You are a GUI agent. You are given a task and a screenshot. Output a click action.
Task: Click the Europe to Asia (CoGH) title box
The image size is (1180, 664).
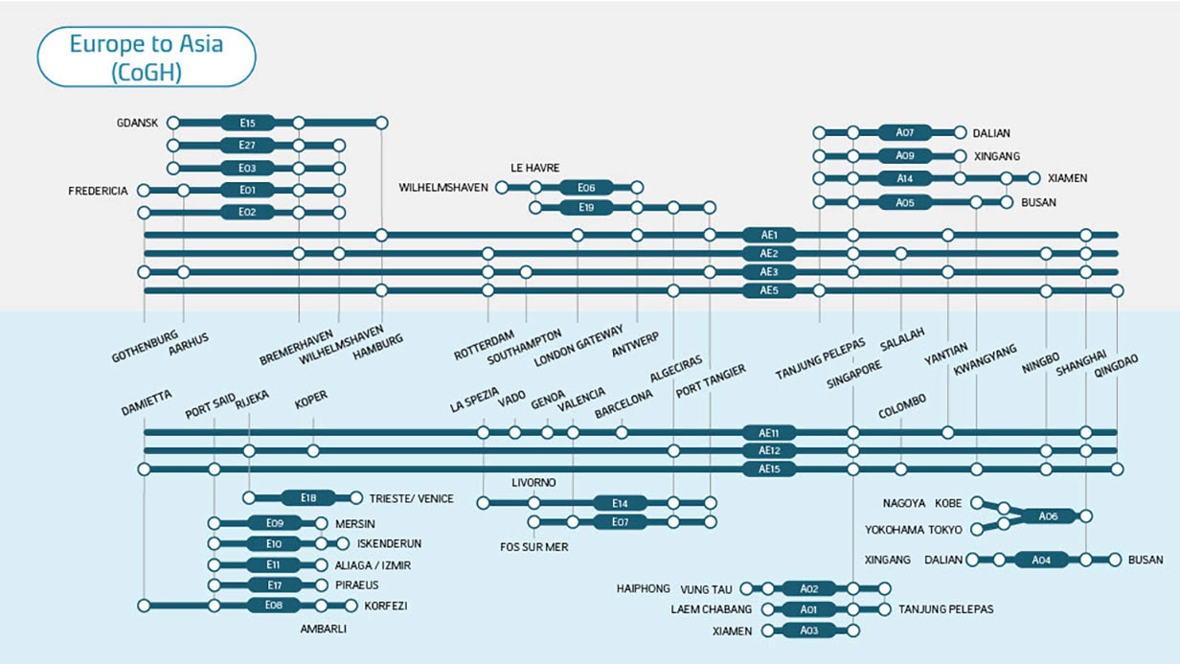coord(146,57)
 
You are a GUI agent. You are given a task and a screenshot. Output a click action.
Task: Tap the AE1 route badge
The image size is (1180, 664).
coord(769,235)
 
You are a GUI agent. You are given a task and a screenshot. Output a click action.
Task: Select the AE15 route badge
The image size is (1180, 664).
coord(769,469)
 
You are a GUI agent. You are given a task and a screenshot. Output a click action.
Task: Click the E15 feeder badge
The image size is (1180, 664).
coord(248,123)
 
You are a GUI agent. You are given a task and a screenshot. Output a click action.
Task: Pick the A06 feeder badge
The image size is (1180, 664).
coord(1048,515)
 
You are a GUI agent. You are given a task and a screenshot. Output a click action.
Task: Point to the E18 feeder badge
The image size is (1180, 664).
coord(307,497)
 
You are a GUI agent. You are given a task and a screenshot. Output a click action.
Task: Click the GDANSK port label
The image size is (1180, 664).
coord(136,123)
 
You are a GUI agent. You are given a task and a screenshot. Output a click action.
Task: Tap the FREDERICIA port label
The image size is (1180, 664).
coord(98,191)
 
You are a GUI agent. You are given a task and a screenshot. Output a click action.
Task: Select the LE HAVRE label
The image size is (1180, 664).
coord(534,168)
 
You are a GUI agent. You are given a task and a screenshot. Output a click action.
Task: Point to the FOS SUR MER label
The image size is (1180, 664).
coord(534,547)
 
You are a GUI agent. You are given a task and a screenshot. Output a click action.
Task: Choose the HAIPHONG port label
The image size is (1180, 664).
coord(642,588)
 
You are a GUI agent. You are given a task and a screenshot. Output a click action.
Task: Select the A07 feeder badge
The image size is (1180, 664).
coord(905,132)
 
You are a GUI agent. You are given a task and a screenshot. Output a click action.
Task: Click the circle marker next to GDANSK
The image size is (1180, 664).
coord(173,123)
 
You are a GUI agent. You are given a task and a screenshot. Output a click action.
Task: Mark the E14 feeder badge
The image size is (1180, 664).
coord(619,502)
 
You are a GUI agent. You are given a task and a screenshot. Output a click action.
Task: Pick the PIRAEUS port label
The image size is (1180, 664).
coord(358,584)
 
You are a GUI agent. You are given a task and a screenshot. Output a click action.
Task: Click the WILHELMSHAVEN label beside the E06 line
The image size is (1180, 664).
coord(443,188)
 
